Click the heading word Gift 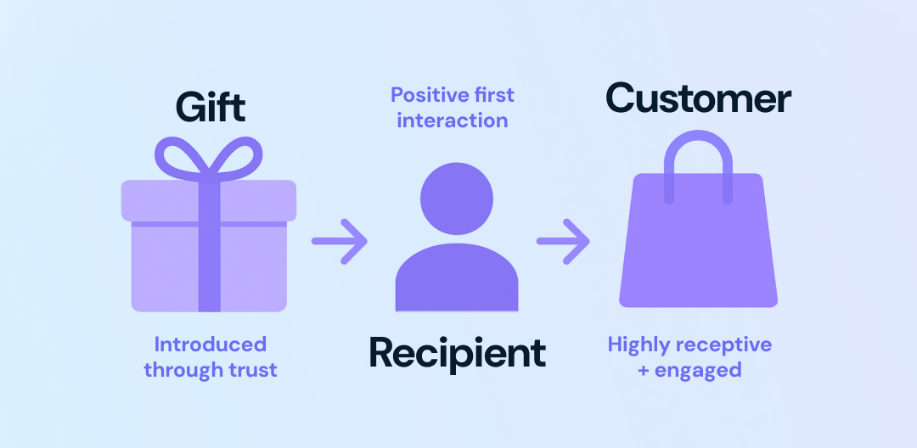pyautogui.click(x=210, y=108)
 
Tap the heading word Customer pyautogui.click(x=698, y=98)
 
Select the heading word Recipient pyautogui.click(x=457, y=353)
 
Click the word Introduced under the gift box pyautogui.click(x=210, y=344)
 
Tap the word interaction pyautogui.click(x=452, y=120)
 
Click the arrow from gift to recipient pyautogui.click(x=339, y=241)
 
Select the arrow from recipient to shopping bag pyautogui.click(x=563, y=241)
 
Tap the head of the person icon pyautogui.click(x=457, y=199)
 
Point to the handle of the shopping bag pyautogui.click(x=698, y=157)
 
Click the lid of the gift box pyautogui.click(x=161, y=200)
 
